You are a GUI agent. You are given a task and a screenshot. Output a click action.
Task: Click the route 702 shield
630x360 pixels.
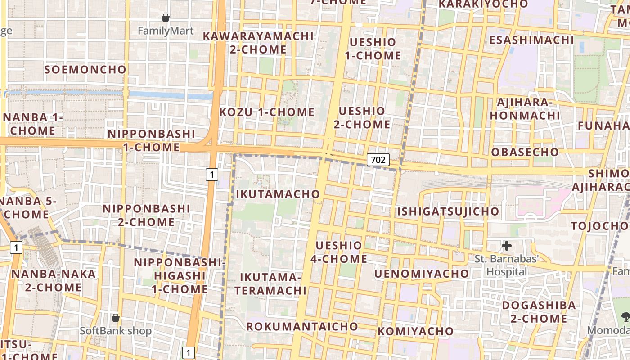coord(378,159)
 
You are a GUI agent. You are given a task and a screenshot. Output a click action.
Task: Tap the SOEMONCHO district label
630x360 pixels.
coord(85,70)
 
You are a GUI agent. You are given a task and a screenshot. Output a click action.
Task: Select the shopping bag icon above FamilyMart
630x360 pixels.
coord(166,18)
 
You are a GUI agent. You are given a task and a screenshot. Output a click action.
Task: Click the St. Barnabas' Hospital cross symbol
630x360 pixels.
coord(507,246)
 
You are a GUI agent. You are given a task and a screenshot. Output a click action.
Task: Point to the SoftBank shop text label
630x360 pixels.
coord(116,331)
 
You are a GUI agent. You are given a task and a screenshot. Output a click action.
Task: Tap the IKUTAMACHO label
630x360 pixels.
coord(278,194)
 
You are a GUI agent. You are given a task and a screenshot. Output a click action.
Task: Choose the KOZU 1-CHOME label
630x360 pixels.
coord(267,112)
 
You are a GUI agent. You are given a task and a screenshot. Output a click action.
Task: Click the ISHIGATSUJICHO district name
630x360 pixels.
coord(448,211)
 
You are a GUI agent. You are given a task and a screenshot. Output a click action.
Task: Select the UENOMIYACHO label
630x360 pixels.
coord(421,274)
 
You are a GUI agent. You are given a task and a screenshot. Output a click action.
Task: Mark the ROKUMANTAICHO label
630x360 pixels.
coord(302,326)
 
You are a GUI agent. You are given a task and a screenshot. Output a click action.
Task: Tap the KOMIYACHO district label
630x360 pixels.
coord(415,332)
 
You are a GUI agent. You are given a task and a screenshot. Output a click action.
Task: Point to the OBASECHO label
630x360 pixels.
coord(525,152)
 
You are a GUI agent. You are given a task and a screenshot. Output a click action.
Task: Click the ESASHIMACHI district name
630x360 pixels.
coord(531,40)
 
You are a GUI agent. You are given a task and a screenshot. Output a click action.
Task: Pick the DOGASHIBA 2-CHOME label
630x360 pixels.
coord(539,312)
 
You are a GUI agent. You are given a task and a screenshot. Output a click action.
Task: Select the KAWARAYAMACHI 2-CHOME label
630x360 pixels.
coord(258,43)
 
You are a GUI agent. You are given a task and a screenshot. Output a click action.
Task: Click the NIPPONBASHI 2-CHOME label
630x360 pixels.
coord(146,215)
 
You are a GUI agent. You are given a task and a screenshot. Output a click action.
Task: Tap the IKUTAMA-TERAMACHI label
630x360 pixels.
coord(270,283)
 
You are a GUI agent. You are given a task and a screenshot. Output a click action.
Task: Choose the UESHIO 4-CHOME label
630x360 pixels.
coord(338,252)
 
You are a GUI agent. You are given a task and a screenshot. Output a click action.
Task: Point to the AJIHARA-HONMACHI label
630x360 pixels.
coord(525,109)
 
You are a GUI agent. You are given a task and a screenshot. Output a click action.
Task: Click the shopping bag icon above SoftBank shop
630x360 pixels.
coord(116,318)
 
